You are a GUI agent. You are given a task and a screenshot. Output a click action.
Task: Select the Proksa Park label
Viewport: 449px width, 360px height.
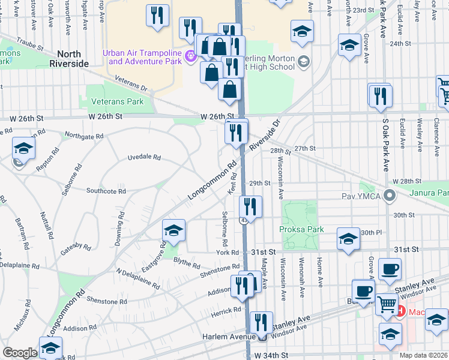301,229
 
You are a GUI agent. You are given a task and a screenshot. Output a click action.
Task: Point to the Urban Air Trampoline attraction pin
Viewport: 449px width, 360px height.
191,57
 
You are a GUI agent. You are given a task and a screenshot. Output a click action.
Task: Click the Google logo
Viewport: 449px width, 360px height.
19,353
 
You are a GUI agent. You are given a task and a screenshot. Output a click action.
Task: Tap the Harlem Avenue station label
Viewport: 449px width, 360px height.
231,337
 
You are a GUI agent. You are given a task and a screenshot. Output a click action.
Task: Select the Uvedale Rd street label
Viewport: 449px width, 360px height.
144,157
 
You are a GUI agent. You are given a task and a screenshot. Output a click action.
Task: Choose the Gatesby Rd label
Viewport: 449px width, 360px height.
76,243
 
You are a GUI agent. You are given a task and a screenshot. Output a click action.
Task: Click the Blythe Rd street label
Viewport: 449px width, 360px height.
186,263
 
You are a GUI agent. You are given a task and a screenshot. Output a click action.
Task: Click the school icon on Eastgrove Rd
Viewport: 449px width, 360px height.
173,230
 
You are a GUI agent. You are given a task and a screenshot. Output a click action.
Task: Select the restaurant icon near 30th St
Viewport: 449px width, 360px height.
250,207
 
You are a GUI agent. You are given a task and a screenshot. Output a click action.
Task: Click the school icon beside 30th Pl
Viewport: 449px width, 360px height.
348,238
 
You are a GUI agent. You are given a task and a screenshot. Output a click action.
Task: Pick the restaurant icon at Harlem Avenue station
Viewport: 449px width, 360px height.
261,322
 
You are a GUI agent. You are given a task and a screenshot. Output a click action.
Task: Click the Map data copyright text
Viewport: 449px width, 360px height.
424,355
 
